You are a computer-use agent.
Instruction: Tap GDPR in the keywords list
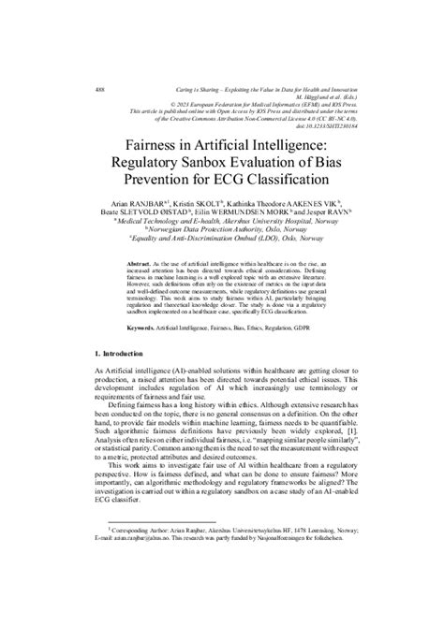point(314,355)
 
